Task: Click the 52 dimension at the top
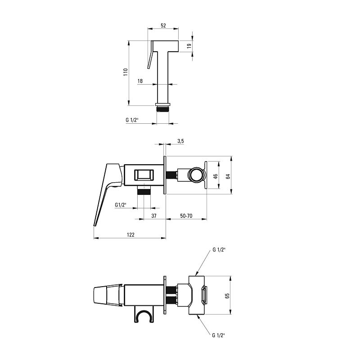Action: (163, 26)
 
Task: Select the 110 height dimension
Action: (126, 72)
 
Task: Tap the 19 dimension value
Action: (189, 46)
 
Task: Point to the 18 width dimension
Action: (140, 81)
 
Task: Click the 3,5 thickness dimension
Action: (180, 141)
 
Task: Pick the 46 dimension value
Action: (216, 176)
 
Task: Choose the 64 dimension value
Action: (228, 176)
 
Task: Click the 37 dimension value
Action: (154, 216)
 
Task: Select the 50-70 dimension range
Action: (186, 216)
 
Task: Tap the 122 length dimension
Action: (130, 234)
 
